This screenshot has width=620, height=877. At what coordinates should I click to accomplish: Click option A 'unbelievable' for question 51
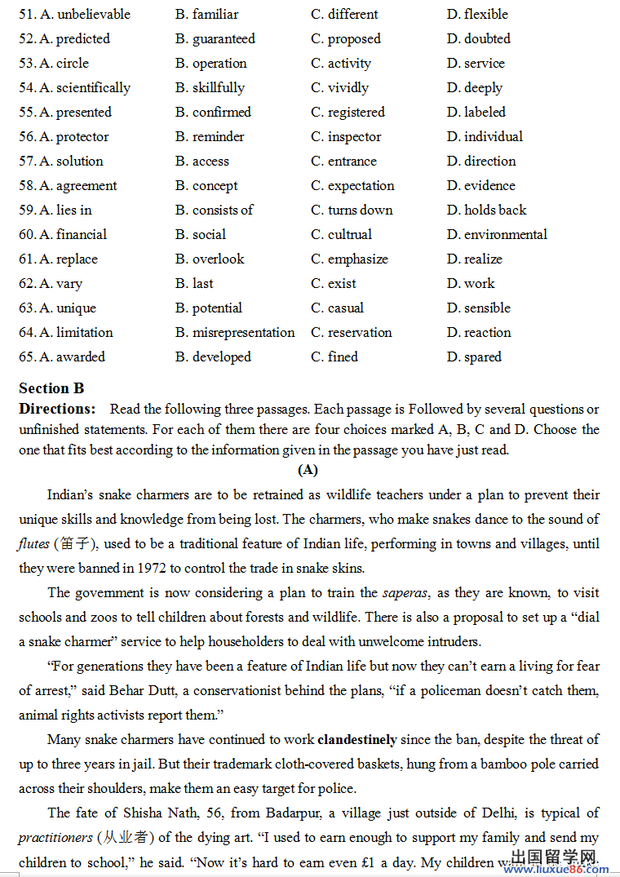tap(93, 15)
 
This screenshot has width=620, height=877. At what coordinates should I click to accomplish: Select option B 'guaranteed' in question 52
tap(223, 39)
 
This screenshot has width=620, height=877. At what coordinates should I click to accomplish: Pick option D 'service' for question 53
tap(484, 64)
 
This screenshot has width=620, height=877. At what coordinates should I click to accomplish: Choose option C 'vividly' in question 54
tap(348, 88)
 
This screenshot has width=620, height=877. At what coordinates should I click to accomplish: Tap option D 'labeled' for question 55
tap(485, 113)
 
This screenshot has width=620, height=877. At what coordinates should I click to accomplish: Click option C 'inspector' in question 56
tap(354, 137)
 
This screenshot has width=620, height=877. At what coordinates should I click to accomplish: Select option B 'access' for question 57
tap(210, 162)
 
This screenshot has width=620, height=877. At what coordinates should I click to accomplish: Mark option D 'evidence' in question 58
tap(489, 186)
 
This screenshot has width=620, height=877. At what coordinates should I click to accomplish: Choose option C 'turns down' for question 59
tap(360, 210)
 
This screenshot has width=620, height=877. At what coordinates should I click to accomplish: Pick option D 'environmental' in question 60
tap(505, 235)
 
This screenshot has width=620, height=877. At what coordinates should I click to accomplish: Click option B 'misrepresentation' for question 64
tap(243, 333)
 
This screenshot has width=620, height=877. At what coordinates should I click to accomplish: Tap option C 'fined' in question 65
tap(343, 357)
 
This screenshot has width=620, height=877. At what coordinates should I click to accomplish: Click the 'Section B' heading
tap(51, 388)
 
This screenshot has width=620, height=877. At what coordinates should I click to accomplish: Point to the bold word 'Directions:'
tap(57, 409)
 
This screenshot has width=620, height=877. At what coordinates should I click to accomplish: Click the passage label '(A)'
tap(308, 470)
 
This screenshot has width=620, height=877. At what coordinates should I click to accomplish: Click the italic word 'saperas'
tap(405, 592)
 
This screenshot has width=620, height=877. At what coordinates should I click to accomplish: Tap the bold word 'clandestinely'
tap(356, 740)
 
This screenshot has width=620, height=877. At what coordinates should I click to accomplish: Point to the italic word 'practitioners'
tap(55, 838)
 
